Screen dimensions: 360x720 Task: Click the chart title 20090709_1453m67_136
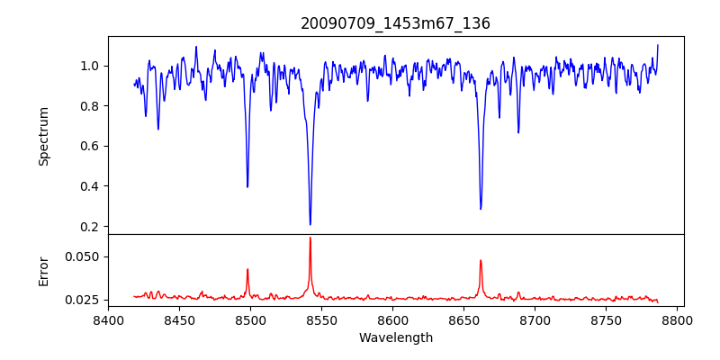tap(395, 23)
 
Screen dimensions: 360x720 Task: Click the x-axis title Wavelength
tap(395, 338)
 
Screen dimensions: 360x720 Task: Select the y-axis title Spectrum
tap(43, 136)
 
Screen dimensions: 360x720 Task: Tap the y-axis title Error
tap(43, 271)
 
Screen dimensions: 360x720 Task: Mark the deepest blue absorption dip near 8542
tap(310, 224)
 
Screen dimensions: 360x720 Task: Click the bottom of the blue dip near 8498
tap(247, 186)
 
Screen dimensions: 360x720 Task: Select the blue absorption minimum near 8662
tap(481, 209)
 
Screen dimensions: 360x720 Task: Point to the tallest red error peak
tap(310, 238)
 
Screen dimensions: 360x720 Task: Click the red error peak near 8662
tap(481, 261)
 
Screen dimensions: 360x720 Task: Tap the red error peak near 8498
tap(247, 269)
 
